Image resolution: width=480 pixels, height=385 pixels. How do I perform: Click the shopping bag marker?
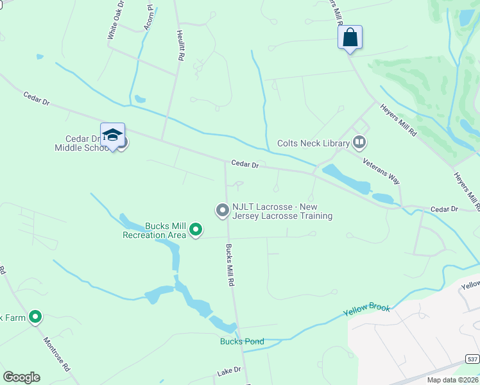point(350,37)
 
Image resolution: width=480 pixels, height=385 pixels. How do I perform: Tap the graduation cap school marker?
point(112,135)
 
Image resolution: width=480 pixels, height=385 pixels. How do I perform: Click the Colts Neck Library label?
point(313,144)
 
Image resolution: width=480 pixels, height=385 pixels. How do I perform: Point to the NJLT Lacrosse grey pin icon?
point(222,210)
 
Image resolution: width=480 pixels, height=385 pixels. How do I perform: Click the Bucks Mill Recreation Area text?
point(155,230)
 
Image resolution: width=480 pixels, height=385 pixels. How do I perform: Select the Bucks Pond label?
point(242,341)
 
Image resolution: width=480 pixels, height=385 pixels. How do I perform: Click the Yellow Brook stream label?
point(366,309)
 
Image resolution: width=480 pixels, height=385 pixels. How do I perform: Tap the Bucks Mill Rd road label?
point(229,264)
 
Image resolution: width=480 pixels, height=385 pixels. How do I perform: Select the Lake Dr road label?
point(228,371)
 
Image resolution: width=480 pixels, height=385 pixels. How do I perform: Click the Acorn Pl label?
point(150,13)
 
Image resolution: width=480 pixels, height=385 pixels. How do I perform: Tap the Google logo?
point(21,377)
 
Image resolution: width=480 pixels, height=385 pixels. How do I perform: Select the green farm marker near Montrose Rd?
point(36,317)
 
